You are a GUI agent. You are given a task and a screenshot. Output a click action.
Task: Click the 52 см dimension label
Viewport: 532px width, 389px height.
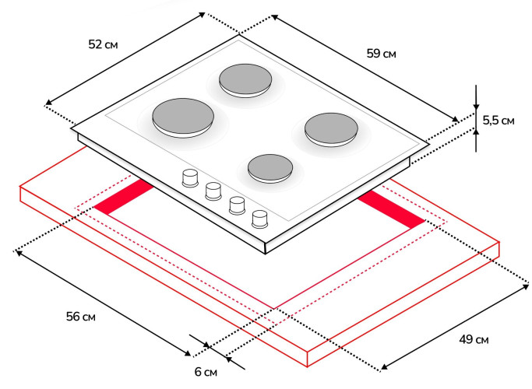[103, 44]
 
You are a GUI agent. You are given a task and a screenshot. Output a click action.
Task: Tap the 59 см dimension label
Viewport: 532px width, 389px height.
[381, 54]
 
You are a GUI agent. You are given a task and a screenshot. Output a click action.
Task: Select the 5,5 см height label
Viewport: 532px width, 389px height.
[498, 120]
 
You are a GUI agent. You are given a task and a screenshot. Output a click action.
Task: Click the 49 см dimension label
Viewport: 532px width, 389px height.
[474, 340]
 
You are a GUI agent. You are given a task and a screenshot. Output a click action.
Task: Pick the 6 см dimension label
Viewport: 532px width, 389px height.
[206, 372]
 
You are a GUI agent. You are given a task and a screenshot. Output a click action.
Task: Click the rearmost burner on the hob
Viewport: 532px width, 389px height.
[244, 80]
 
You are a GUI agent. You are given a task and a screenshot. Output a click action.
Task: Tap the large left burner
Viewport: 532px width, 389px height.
[183, 117]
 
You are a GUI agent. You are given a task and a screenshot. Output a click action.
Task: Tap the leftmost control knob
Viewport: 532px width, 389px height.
[189, 177]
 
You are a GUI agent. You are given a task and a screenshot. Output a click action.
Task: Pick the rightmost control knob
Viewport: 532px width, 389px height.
[260, 218]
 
